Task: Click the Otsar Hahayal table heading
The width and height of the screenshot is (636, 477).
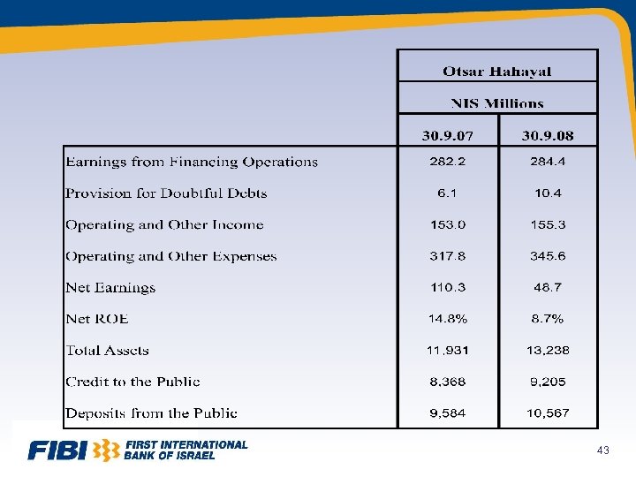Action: [x=497, y=71]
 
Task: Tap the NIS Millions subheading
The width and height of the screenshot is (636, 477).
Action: [x=497, y=102]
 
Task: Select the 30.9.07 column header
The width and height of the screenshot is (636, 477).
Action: [x=448, y=136]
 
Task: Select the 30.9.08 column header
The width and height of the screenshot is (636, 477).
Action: [x=548, y=136]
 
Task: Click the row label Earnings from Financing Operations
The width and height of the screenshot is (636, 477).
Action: [x=192, y=163]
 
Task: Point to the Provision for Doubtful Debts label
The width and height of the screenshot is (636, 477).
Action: [x=166, y=193]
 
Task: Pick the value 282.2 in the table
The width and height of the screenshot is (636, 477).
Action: [x=448, y=163]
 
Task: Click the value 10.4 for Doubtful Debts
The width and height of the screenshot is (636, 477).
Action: [x=548, y=193]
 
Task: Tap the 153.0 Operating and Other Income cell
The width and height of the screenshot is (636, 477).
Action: [x=448, y=225]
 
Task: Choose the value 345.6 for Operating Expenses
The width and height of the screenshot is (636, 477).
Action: [x=548, y=256]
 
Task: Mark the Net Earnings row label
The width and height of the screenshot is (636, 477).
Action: [x=110, y=288]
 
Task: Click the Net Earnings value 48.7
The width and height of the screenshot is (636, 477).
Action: [x=548, y=288]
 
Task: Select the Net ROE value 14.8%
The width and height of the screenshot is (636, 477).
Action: [x=448, y=319]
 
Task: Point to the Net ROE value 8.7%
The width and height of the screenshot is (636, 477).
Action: [x=548, y=319]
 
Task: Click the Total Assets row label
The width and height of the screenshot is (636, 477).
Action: [x=107, y=351]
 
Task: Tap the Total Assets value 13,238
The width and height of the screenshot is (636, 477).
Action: [x=548, y=351]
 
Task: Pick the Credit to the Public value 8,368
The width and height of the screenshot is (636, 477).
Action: [x=448, y=382]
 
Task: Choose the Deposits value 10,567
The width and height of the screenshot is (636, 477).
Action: [x=548, y=413]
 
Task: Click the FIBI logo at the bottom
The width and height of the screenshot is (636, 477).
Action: [x=138, y=450]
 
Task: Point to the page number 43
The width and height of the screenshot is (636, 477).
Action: [x=603, y=451]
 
